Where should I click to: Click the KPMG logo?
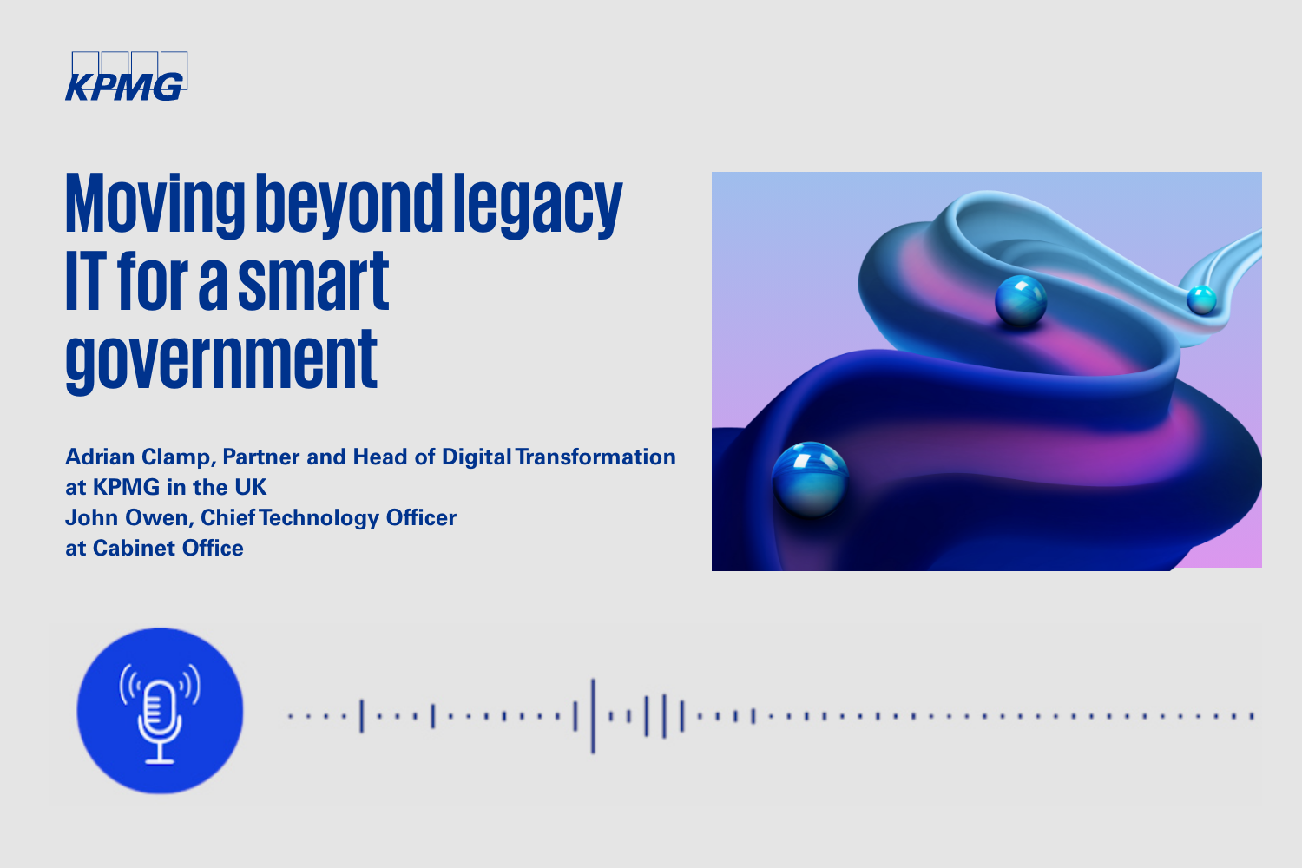tap(126, 76)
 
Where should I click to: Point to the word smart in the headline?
tap(313, 281)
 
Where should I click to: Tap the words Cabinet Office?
tap(168, 549)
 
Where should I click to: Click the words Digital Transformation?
tap(559, 457)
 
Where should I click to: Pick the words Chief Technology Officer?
tap(328, 517)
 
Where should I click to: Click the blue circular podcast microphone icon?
tap(160, 710)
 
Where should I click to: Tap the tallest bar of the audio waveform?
tap(593, 716)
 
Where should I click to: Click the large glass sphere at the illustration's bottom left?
tap(810, 479)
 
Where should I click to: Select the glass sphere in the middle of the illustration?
tap(1021, 300)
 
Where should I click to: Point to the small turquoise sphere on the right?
tap(1201, 300)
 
